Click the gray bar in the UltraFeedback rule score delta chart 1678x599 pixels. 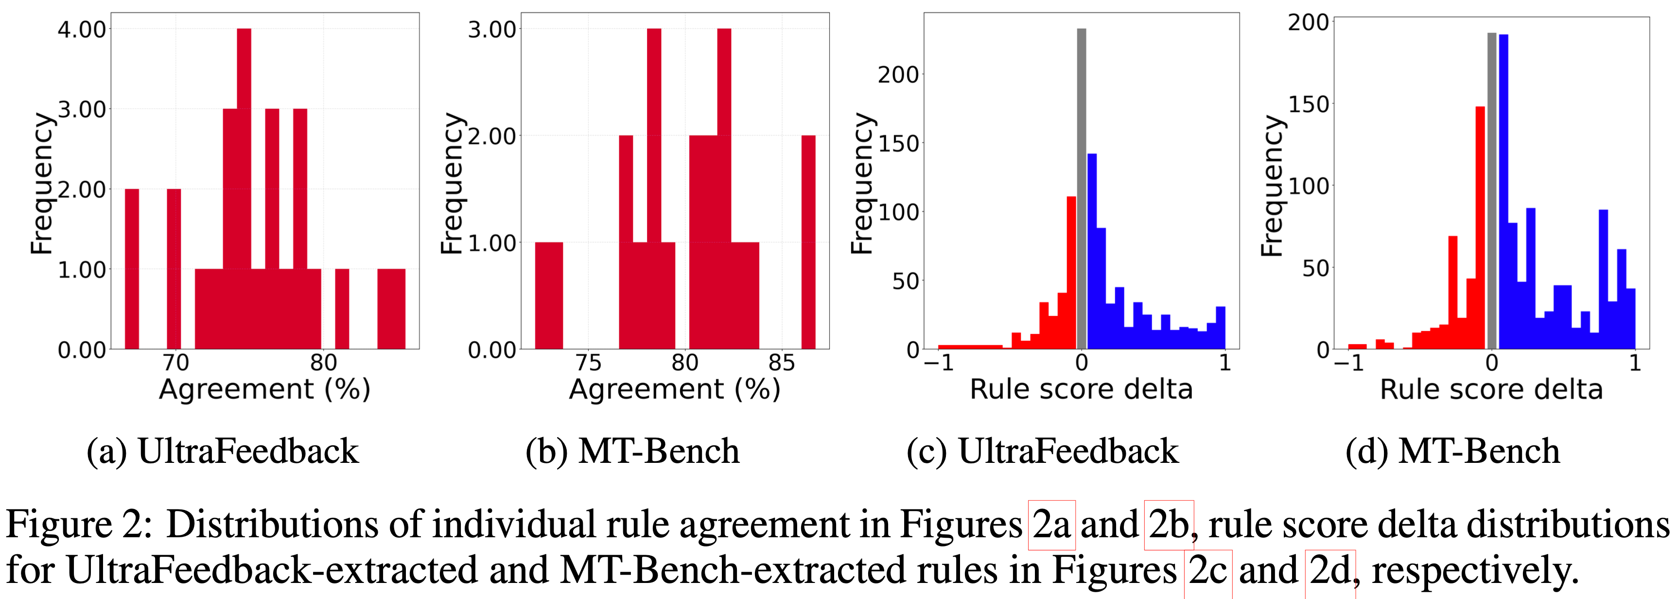pyautogui.click(x=1082, y=189)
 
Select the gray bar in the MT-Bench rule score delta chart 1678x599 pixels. pyautogui.click(x=1492, y=189)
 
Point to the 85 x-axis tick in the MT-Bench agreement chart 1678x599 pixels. pyautogui.click(x=781, y=363)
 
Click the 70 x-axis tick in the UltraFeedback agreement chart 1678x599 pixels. pyautogui.click(x=175, y=363)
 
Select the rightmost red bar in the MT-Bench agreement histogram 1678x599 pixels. pyautogui.click(x=808, y=241)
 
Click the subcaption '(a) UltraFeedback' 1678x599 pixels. pyautogui.click(x=222, y=451)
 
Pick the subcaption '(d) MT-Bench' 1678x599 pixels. pyautogui.click(x=1452, y=451)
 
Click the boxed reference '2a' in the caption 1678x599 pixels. pyautogui.click(x=1051, y=525)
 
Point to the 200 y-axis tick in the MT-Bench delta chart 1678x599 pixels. pyautogui.click(x=1308, y=23)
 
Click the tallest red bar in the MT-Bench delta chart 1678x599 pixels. pyautogui.click(x=1480, y=228)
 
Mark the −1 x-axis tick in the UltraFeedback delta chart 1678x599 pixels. pyautogui.click(x=938, y=363)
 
